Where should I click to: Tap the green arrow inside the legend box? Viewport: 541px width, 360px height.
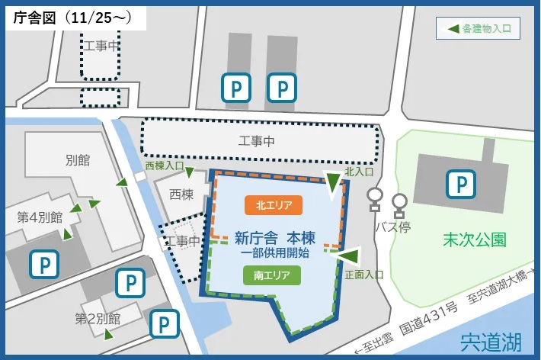(453, 29)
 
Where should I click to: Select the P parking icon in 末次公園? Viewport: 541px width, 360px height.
(460, 184)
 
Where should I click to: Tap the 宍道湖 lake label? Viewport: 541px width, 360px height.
(492, 340)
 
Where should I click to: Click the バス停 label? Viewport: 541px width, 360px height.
(393, 227)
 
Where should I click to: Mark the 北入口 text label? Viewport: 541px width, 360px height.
(358, 172)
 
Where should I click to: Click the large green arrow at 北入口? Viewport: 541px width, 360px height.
(333, 184)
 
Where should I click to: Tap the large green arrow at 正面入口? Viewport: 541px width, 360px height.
(348, 256)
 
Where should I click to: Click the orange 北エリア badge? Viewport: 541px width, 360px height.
(274, 204)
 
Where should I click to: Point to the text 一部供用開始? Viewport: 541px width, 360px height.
(275, 252)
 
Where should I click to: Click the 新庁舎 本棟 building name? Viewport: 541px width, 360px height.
(275, 237)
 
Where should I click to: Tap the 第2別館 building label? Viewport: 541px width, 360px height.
(98, 317)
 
